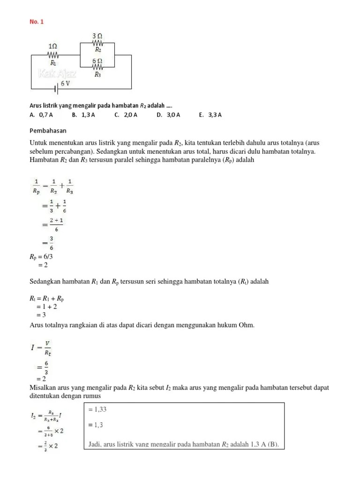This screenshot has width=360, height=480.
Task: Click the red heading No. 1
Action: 36,22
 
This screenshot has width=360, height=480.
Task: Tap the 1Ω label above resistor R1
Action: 53,46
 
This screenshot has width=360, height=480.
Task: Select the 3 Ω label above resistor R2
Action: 98,36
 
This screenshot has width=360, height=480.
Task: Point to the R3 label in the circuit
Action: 98,75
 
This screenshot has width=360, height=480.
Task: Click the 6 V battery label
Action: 65,83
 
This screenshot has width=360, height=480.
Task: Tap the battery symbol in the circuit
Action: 55,88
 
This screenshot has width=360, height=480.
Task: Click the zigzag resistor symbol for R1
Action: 53,54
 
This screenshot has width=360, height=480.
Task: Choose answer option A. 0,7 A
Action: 41,115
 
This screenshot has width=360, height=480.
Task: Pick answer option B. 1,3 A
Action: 83,115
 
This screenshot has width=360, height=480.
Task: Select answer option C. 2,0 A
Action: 126,115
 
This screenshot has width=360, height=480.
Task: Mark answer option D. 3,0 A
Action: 168,115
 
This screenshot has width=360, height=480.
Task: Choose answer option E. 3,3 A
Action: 210,115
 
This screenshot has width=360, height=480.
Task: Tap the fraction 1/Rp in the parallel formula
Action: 36,186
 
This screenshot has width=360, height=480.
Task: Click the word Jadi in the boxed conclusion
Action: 95,444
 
